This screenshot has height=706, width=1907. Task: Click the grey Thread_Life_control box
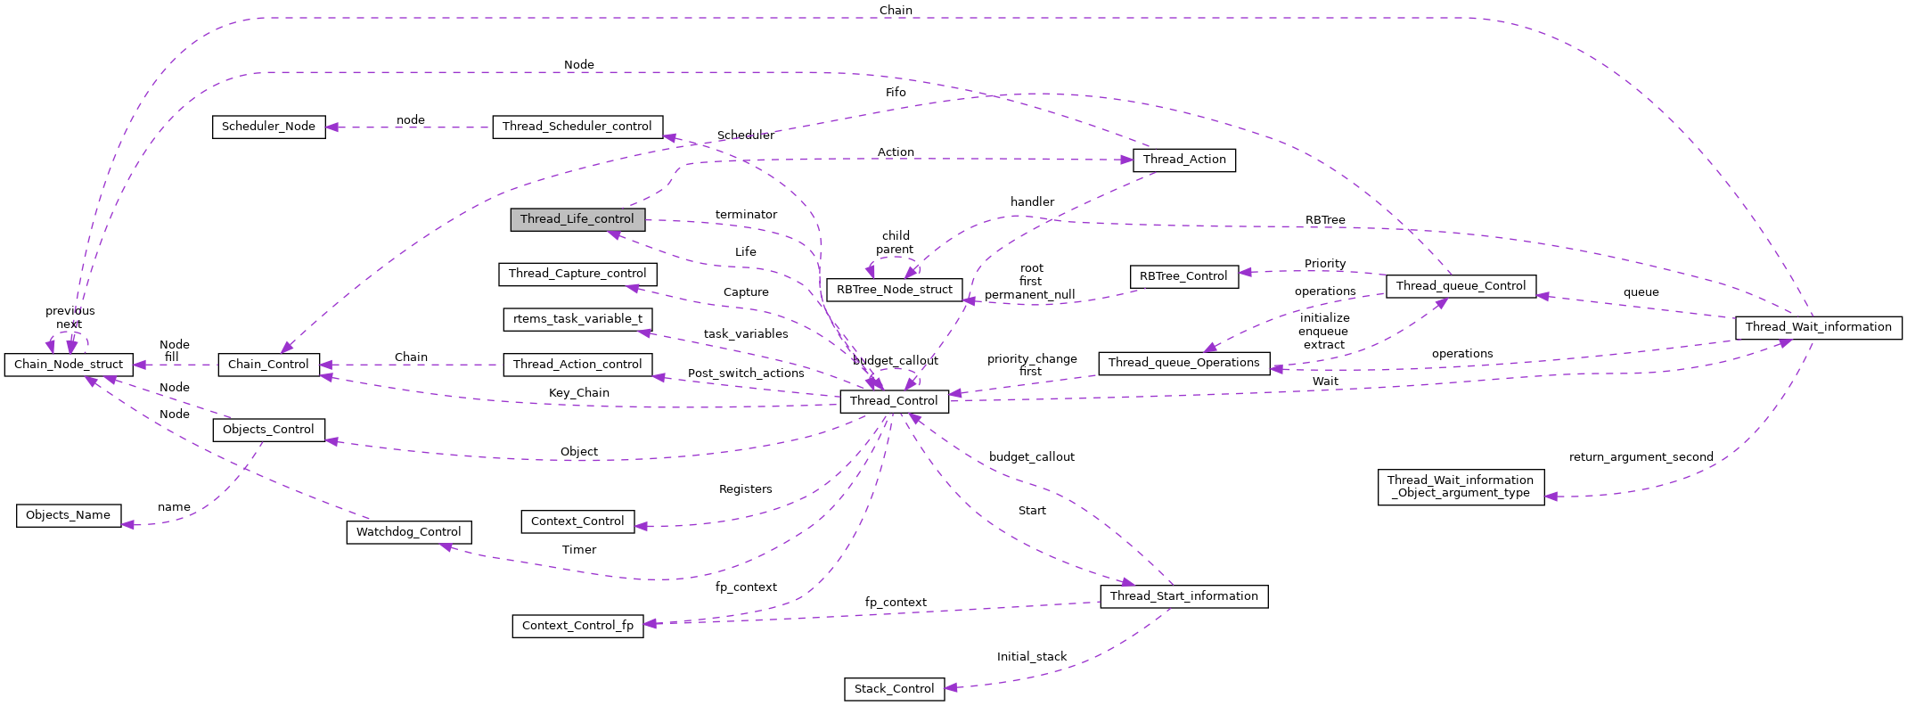pos(577,219)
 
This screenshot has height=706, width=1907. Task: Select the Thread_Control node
pos(894,401)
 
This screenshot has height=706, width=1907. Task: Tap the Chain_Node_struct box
pos(69,365)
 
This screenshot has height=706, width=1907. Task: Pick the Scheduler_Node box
pos(268,127)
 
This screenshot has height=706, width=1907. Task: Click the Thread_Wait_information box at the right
pos(1818,327)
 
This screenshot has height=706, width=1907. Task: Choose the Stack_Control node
pos(894,689)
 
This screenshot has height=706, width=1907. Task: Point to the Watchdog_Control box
pos(408,532)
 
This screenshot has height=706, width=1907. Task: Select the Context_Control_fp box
pos(577,626)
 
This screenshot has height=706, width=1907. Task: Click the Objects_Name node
pos(68,515)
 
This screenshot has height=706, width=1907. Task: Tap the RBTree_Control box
pos(1183,276)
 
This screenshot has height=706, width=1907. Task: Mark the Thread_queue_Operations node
pos(1183,363)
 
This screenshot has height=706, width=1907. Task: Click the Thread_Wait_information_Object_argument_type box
pos(1460,487)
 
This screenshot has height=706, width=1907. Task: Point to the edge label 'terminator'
pos(746,215)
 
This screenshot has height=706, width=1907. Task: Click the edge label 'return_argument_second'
pos(1641,457)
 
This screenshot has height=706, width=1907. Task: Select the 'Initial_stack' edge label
pos(1031,657)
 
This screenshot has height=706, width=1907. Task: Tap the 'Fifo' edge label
pos(896,93)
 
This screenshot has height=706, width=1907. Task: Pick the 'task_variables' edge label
pos(746,334)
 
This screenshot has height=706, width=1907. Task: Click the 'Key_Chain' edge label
pos(579,393)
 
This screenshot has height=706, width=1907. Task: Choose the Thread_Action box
pos(1183,160)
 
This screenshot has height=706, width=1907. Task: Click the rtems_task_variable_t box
pos(577,319)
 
